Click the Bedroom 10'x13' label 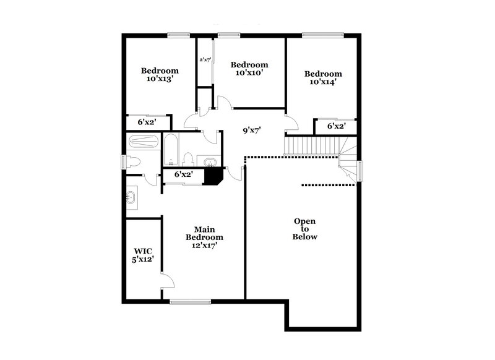pyautogui.click(x=160, y=74)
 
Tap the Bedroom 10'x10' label pyautogui.click(x=249, y=68)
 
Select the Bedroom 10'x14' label pyautogui.click(x=323, y=77)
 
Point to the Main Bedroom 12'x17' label pyautogui.click(x=205, y=237)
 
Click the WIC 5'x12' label pyautogui.click(x=144, y=255)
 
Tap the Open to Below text pyautogui.click(x=305, y=228)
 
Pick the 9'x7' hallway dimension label pyautogui.click(x=251, y=131)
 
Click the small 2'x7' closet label pyautogui.click(x=205, y=60)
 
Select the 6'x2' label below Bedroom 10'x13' pyautogui.click(x=147, y=122)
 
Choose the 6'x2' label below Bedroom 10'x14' pyautogui.click(x=335, y=126)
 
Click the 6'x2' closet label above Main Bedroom pyautogui.click(x=184, y=174)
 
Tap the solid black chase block pyautogui.click(x=214, y=175)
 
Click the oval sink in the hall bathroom pyautogui.click(x=210, y=163)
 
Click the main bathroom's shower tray pyautogui.click(x=144, y=142)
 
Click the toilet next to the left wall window pyautogui.click(x=133, y=162)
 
